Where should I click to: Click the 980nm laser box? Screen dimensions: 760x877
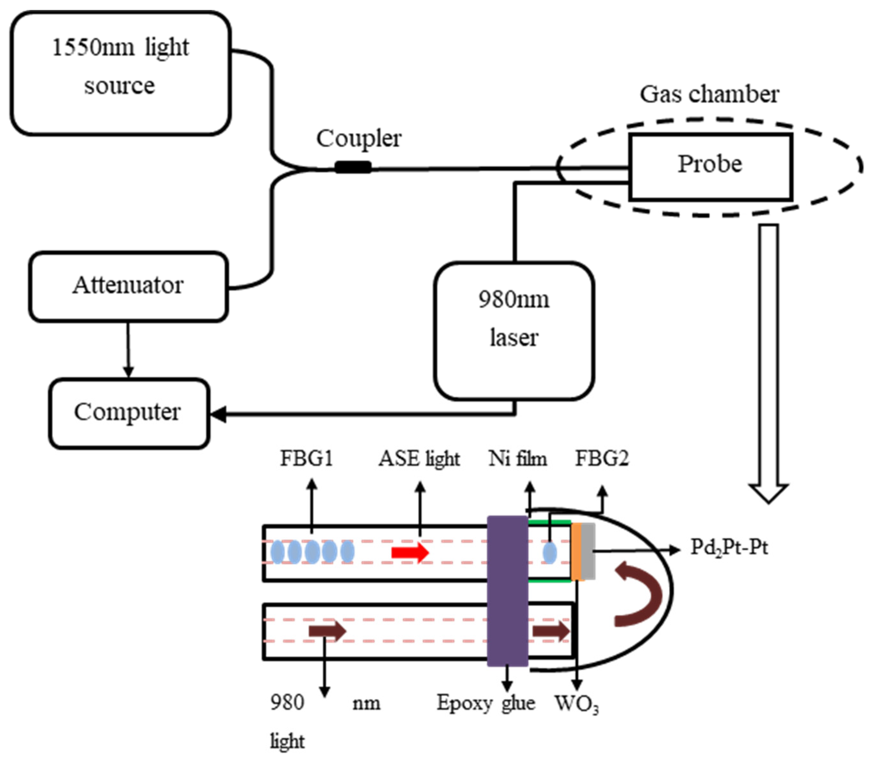(x=513, y=331)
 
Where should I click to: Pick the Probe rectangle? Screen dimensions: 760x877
(x=710, y=166)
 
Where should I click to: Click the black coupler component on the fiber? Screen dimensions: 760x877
(x=353, y=167)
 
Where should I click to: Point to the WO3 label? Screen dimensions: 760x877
(x=576, y=704)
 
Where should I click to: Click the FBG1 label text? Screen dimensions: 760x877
(x=306, y=458)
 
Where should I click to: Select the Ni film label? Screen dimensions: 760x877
(x=518, y=458)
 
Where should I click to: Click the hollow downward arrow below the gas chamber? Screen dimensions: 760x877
(x=769, y=361)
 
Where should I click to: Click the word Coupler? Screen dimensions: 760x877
(x=358, y=139)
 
